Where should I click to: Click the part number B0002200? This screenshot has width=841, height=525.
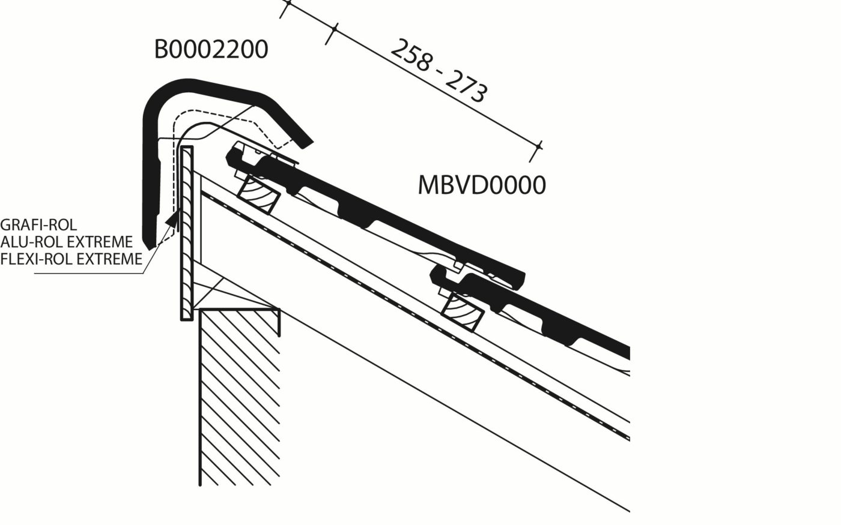coord(211,50)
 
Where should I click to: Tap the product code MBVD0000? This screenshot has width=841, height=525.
coord(482,185)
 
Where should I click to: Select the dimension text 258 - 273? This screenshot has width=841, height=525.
coord(439,70)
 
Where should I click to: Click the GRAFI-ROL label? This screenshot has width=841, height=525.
coord(38,226)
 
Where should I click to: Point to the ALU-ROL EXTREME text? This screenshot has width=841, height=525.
coord(66,242)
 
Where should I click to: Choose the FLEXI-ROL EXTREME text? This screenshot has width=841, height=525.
coord(71,259)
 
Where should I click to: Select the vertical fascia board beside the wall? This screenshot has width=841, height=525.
coord(187,234)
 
